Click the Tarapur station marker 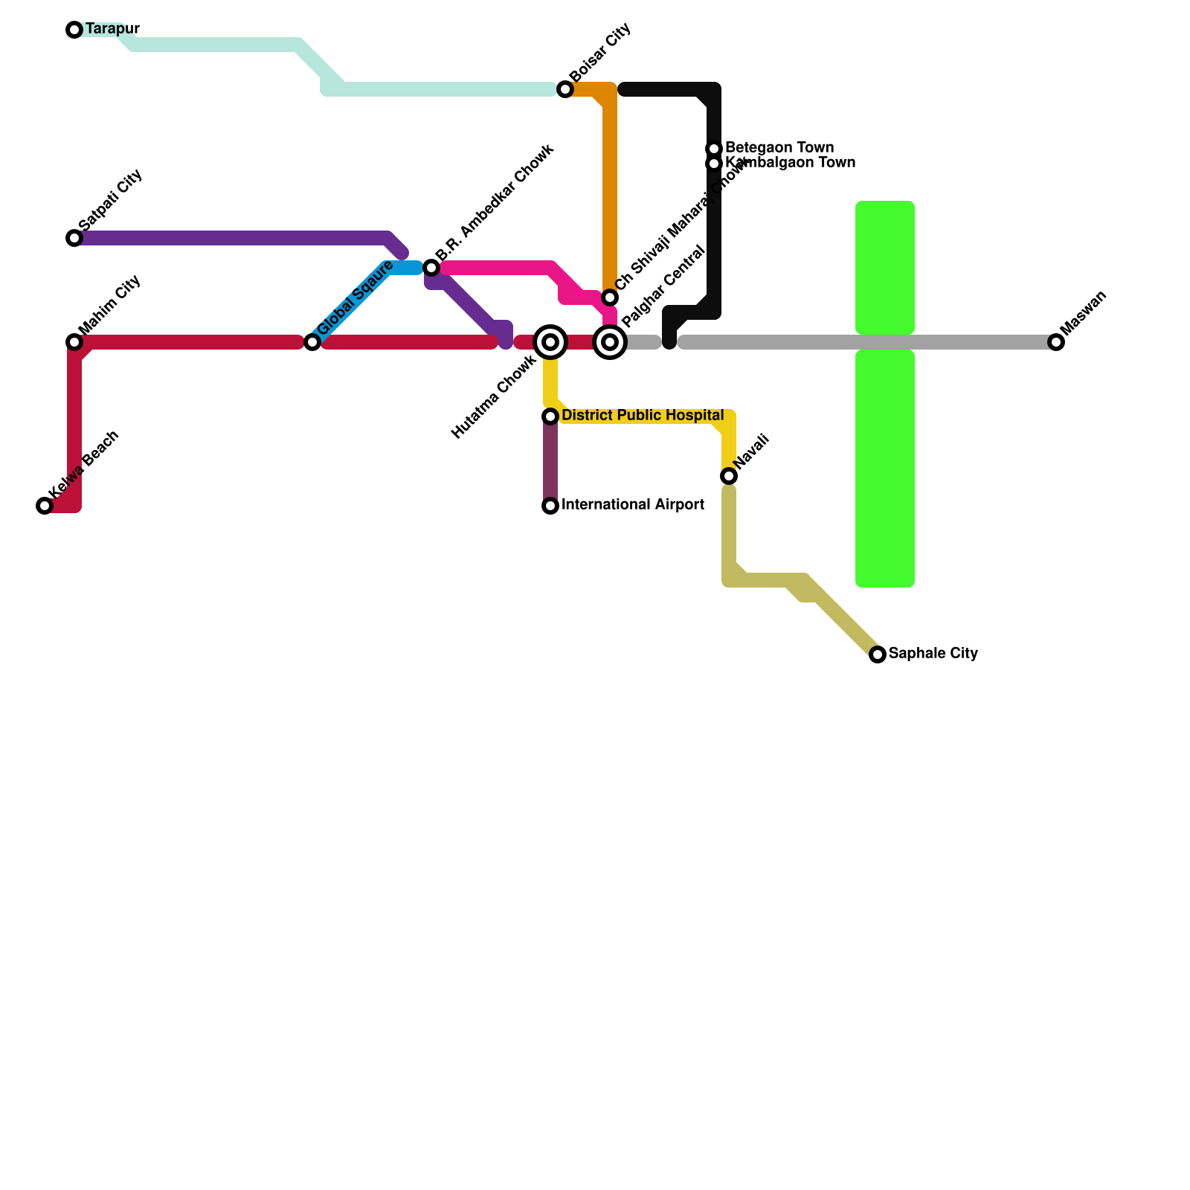pos(74,30)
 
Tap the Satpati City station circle pos(74,238)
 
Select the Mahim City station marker pos(74,342)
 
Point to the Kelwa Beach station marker pos(45,506)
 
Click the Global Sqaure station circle pos(312,342)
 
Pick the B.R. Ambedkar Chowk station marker pos(431,268)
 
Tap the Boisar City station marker pos(565,89)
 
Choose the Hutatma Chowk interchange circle pos(550,342)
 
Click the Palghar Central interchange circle pos(610,342)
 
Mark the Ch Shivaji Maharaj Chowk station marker pos(610,297)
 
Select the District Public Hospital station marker pos(550,416)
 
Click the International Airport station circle pos(550,506)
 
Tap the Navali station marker pos(729,476)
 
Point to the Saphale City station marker pos(878,654)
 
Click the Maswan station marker pos(1056,342)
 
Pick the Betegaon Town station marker pos(714,149)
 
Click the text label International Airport pos(633,505)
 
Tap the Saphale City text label pos(933,654)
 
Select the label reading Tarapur pos(112,29)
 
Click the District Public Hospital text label pos(643,415)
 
